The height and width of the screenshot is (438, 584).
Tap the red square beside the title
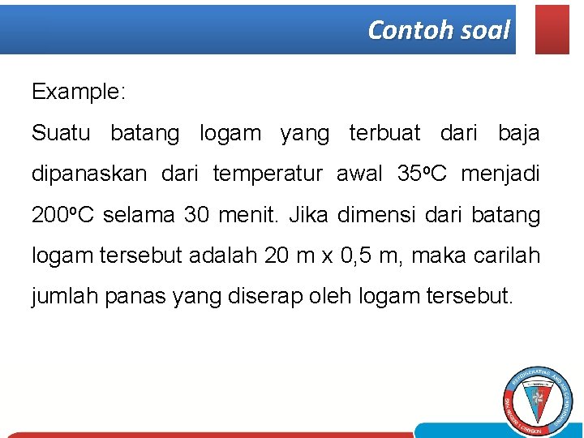click(552, 29)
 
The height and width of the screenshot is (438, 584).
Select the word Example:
click(79, 92)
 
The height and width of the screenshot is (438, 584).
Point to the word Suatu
click(61, 133)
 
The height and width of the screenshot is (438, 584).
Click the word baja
click(518, 133)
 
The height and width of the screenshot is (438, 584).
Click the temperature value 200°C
click(64, 216)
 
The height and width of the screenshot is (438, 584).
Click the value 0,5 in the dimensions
click(356, 256)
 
